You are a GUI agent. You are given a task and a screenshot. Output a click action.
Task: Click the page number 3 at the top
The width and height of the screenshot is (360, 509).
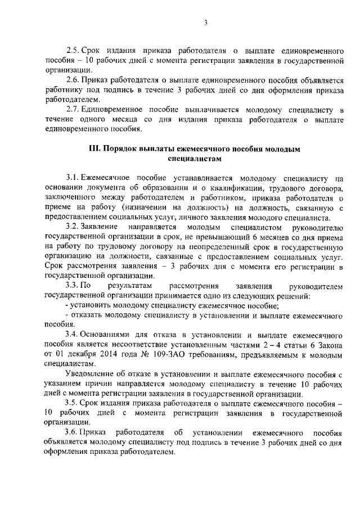(x=205, y=23)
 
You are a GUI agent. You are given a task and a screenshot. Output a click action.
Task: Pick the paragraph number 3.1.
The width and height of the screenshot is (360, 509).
(x=73, y=178)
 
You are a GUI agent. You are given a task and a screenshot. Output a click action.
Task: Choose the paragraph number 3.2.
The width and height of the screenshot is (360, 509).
(x=73, y=227)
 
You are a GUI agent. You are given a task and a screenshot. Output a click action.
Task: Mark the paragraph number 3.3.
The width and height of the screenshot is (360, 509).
(x=73, y=286)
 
